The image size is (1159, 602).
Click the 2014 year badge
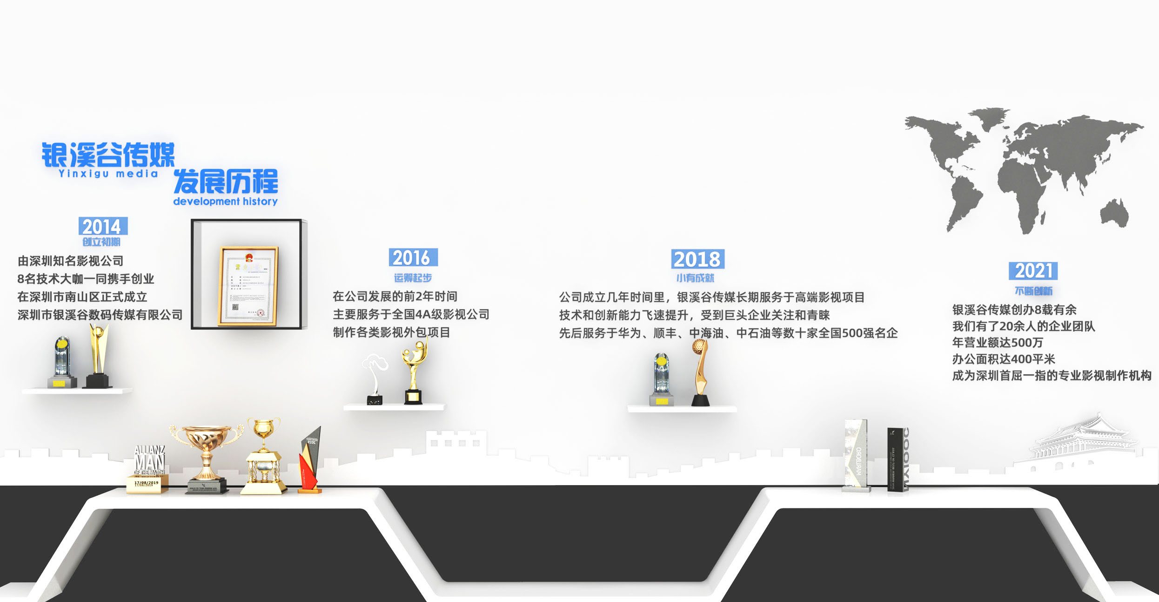point(103,226)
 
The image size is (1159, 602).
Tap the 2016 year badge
point(413,257)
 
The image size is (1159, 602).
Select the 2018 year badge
point(697,259)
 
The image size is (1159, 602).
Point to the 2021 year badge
point(1033,271)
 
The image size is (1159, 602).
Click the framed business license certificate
point(248,285)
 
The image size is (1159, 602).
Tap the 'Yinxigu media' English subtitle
point(108,174)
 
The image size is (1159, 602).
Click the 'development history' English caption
point(225,201)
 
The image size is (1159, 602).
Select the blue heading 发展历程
point(226,181)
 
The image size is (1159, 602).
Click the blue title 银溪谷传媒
point(108,155)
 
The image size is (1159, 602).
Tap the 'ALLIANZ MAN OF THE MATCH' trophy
point(148,468)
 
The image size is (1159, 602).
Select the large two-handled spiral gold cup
point(206,456)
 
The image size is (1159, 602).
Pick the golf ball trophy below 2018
point(700,372)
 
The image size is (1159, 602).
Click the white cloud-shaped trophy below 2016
point(375,377)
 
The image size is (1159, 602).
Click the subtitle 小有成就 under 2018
point(695,278)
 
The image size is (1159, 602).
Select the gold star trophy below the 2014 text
point(98,356)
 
